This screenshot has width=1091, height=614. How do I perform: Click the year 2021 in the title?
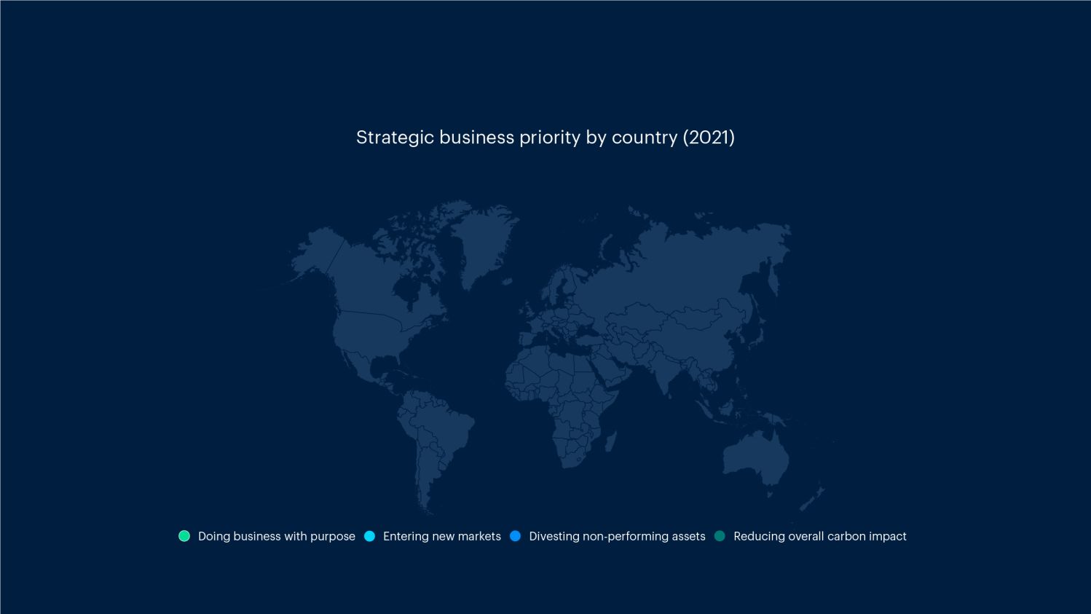[709, 138]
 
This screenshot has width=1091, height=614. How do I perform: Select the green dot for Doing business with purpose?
[184, 536]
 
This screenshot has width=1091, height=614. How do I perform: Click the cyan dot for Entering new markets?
[370, 536]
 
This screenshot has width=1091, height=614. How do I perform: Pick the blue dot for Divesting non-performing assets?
[516, 536]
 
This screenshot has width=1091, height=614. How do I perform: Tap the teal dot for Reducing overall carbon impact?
[720, 536]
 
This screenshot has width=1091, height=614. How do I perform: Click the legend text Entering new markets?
[441, 536]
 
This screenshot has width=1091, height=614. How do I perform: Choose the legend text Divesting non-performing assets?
[617, 536]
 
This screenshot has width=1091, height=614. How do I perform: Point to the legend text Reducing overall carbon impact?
[819, 536]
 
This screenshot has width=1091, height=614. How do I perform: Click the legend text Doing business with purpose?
[276, 536]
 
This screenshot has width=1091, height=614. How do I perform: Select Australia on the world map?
[754, 455]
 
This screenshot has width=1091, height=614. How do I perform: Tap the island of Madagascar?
[610, 441]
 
